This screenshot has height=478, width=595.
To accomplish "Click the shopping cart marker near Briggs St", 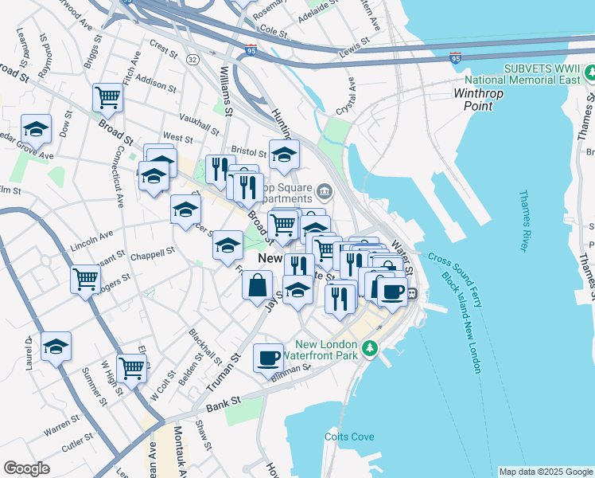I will point(107,98).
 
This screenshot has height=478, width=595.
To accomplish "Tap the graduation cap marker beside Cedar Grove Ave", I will point(36,129).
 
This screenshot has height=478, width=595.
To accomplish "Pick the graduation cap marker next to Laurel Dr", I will point(56,346).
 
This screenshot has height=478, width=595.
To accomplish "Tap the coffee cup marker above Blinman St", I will point(268,357).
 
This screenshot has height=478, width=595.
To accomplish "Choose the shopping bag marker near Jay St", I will point(258,285).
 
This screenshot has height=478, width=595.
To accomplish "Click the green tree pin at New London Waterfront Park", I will point(369,348).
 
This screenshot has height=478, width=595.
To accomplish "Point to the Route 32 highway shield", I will point(193,60).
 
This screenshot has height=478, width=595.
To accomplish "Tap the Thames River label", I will point(523,220).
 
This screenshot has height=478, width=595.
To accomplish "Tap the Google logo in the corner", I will point(26,468).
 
